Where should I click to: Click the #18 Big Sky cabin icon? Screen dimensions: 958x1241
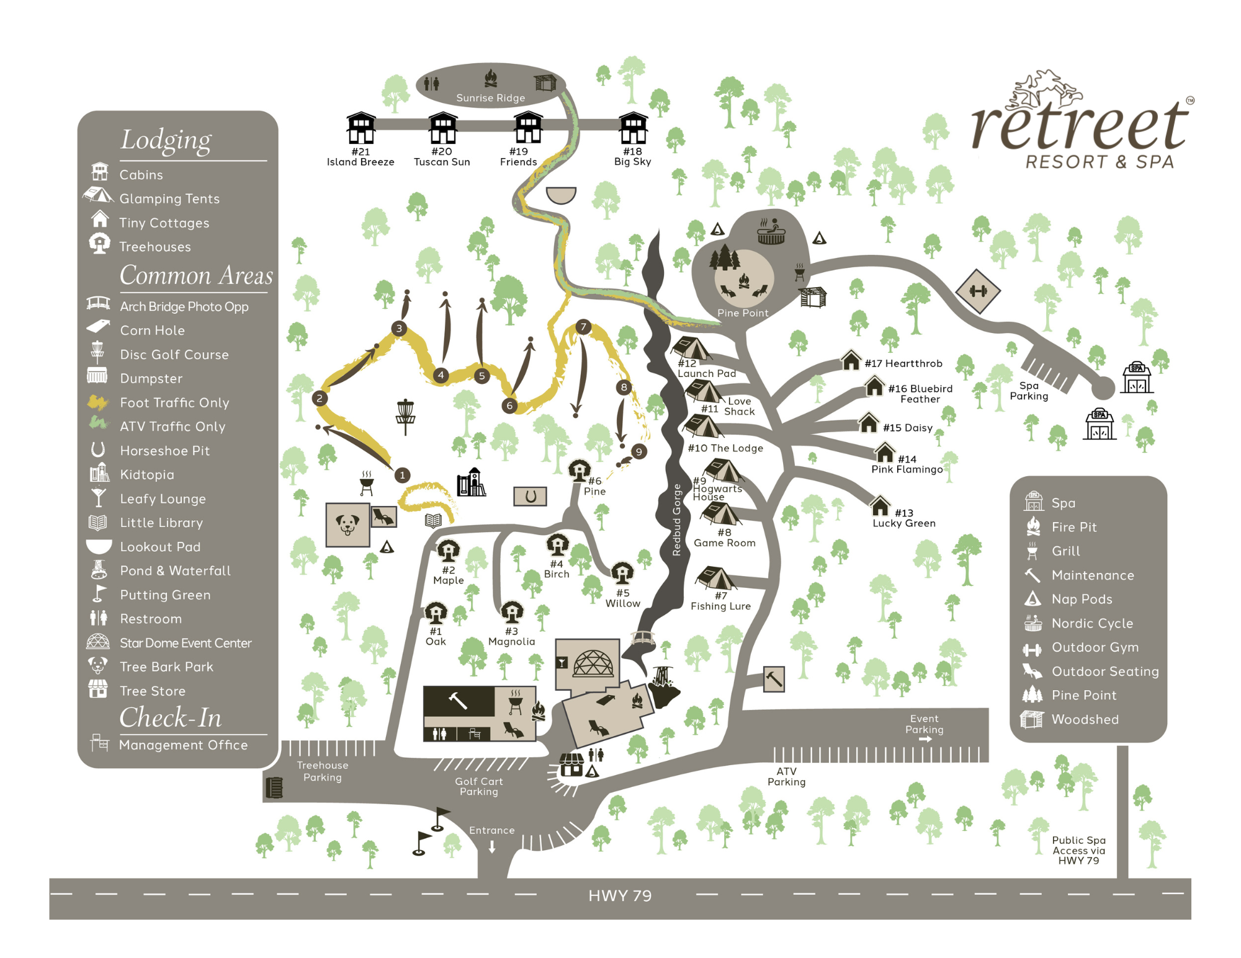coord(633,128)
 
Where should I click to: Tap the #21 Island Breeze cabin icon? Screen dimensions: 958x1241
coord(361,128)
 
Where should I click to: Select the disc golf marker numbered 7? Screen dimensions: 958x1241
coord(583,327)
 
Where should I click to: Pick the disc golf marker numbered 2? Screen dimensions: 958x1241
coord(320,398)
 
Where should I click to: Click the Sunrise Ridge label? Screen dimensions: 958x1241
coord(490,98)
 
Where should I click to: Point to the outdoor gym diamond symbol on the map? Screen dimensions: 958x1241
coord(977,291)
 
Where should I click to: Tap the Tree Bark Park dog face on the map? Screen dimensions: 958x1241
coord(347,525)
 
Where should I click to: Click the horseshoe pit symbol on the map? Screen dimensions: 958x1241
coord(530,496)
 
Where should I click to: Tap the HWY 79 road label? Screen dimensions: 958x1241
coord(620,896)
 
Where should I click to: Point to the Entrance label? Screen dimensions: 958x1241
coord(491,830)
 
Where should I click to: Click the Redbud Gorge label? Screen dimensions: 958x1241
coord(677,520)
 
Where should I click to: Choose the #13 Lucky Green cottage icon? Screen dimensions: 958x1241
coord(880,505)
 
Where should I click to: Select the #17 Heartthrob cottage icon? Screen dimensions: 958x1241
coord(851,360)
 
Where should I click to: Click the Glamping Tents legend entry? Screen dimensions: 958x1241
coord(169,198)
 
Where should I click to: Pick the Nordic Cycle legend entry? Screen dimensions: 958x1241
coord(1091,623)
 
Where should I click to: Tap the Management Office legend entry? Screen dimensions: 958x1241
coord(183,745)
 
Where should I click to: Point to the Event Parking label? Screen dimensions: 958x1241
coord(924,724)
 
